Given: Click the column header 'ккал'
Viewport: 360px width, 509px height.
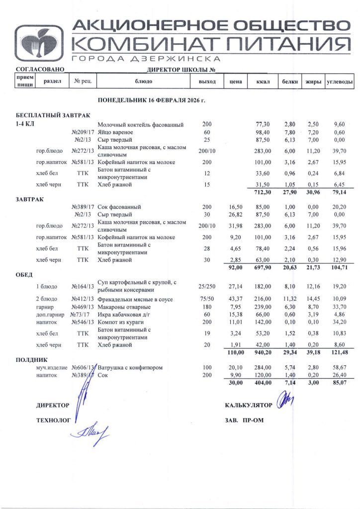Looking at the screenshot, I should (262, 81).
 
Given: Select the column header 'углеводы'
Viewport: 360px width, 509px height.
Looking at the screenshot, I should (340, 81).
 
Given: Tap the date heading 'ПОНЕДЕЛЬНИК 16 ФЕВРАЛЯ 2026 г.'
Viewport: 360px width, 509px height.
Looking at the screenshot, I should (152, 100).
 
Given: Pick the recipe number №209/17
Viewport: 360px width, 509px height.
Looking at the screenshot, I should (83, 133).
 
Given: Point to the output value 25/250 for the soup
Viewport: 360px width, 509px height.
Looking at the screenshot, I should (206, 287).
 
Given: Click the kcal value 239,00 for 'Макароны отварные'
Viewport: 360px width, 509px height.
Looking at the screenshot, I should (262, 307).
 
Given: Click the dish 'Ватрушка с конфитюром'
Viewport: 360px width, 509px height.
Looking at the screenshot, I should (131, 367).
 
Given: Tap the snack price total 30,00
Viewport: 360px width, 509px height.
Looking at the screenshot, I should (232, 383).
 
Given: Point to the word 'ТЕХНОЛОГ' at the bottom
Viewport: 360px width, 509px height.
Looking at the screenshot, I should (53, 420).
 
